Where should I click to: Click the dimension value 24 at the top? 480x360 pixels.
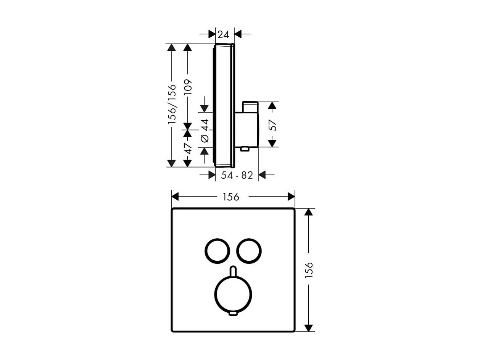coord(223,34)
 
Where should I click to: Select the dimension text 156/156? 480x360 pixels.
coord(172,104)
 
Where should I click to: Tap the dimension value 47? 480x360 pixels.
coord(187,148)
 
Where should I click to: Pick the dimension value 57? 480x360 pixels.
coord(272,125)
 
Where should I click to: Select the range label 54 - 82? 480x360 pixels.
coord(237,175)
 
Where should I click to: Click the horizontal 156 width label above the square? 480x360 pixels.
coord(232,197)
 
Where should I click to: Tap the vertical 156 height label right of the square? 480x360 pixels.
coord(309,270)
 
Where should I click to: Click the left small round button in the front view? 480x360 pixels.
coord(217,251)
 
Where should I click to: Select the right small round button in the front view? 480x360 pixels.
coord(249,251)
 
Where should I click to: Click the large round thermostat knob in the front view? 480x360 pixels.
coord(233,293)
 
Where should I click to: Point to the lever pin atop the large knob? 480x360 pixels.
coord(233,270)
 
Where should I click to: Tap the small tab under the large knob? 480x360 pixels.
coord(233,314)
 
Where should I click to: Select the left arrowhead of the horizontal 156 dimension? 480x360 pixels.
coord(175,197)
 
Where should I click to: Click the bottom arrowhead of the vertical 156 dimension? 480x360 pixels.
coord(309,328)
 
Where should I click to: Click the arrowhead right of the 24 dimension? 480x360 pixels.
coord(238,34)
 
